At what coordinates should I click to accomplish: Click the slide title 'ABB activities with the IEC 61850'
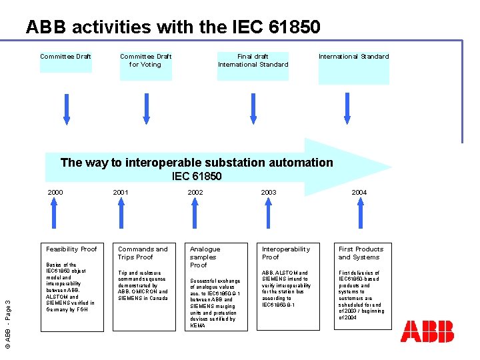[x=173, y=27]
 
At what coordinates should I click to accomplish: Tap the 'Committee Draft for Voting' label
[x=145, y=61]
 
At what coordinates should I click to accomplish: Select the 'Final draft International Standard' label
[x=253, y=61]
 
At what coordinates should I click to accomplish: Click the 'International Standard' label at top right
[x=353, y=57]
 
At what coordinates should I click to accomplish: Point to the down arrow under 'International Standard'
[x=346, y=109]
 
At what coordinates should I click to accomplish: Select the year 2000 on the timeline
[x=55, y=193]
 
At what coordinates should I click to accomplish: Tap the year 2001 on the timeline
[x=121, y=193]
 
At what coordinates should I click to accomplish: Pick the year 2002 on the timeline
[x=195, y=193]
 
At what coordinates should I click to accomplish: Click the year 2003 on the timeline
[x=269, y=193]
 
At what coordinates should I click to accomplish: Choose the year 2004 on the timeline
[x=359, y=193]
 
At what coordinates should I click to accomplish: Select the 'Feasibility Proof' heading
[x=71, y=249]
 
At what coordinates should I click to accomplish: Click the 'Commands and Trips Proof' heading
[x=143, y=253]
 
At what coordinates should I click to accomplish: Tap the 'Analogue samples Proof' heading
[x=205, y=257]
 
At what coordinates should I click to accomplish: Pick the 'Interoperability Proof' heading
[x=285, y=253]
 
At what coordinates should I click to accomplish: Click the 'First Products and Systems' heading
[x=361, y=253]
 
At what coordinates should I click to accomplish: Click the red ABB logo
[x=427, y=331]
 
